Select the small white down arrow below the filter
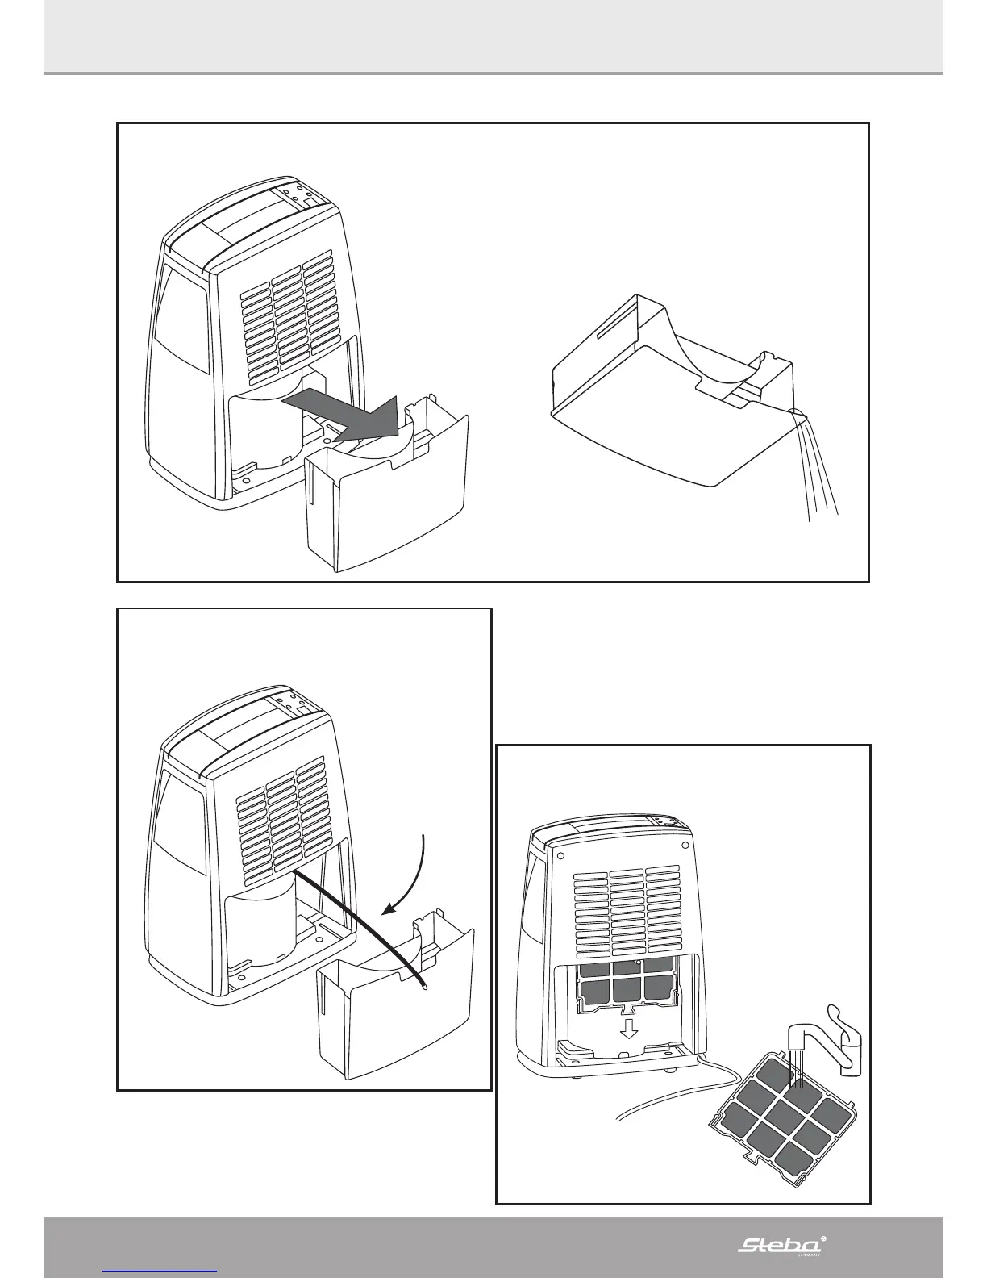click(630, 1029)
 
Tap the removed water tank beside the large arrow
click(387, 500)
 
